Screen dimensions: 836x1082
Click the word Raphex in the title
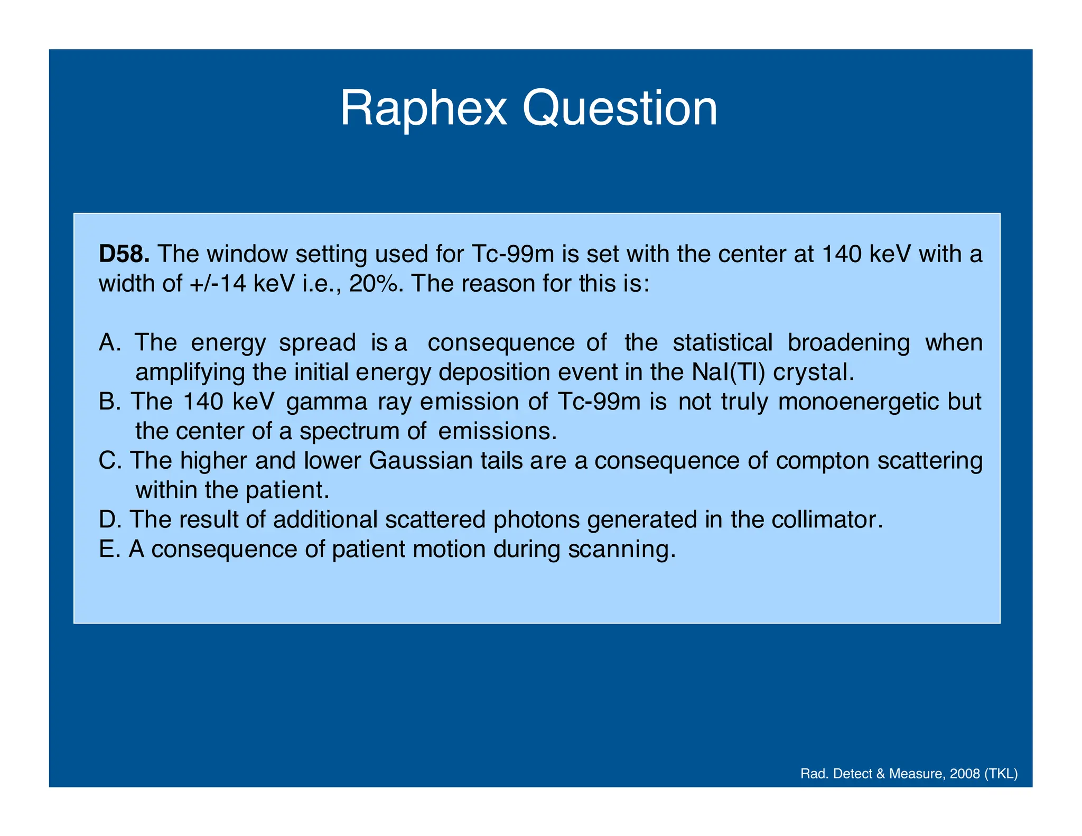[423, 108]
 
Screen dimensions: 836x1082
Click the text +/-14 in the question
[218, 284]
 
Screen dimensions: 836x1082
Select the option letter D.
[108, 519]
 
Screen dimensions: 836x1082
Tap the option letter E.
[107, 549]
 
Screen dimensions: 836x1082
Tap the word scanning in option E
[621, 550]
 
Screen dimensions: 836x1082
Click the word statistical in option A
[722, 343]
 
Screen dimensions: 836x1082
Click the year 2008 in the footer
[965, 774]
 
